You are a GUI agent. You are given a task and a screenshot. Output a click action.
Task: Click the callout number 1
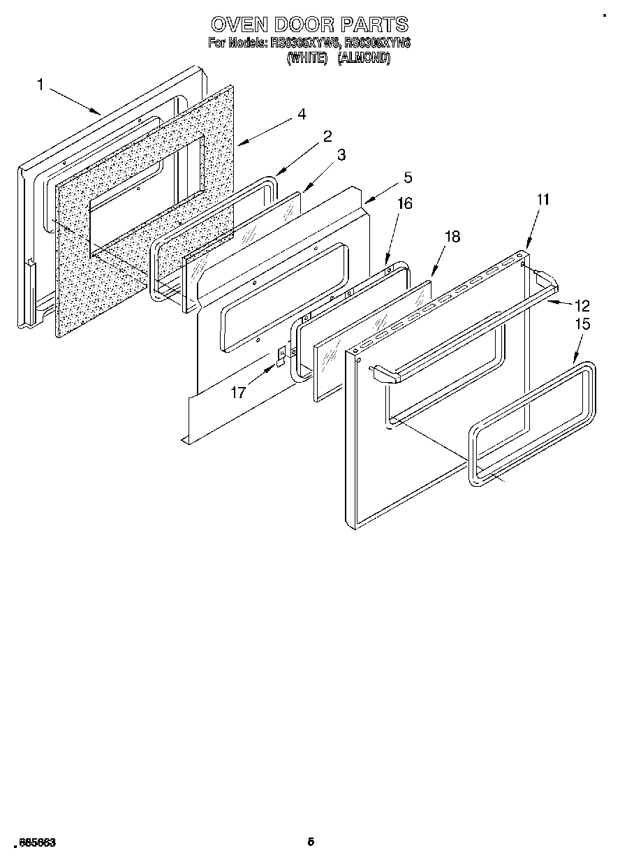(40, 85)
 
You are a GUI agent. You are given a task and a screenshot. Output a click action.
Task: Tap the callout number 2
(327, 136)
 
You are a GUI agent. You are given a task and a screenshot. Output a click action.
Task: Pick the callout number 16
(405, 203)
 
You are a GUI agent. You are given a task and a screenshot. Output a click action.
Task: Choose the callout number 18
(452, 237)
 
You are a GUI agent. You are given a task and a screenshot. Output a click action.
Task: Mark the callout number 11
(543, 200)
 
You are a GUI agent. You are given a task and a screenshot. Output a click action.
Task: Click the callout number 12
(582, 305)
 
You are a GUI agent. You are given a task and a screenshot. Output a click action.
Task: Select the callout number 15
(582, 324)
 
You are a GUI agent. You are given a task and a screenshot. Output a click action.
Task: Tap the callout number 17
(238, 393)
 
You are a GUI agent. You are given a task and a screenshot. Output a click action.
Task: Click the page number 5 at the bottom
(311, 842)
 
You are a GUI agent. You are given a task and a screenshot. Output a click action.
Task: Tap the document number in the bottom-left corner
(34, 843)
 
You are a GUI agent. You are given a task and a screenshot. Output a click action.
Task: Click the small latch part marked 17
(281, 354)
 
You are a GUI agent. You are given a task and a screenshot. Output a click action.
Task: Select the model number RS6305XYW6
(304, 43)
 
